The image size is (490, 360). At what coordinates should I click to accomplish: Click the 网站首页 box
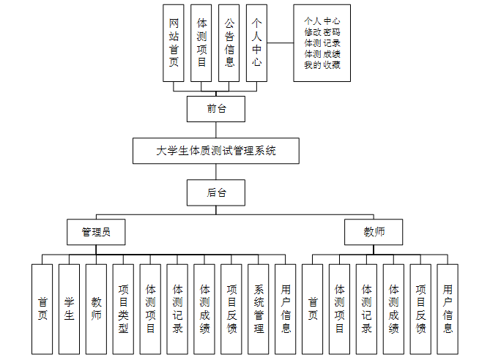coord(174,43)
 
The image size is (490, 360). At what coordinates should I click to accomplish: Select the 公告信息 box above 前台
coord(229,43)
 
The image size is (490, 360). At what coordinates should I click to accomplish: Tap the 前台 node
coord(216,108)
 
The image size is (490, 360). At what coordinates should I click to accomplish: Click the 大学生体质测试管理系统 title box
coord(216,151)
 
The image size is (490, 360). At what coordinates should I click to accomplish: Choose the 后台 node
coord(216,193)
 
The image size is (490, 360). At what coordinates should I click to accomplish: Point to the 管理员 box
coord(96,232)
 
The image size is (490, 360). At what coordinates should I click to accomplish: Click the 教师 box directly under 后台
coord(374,232)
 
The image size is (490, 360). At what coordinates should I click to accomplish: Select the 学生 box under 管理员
coord(69,310)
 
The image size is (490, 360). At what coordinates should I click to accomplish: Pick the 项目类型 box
coord(123,310)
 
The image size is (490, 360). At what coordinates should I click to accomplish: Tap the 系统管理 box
coord(259,310)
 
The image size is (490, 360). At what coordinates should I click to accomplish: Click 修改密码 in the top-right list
coord(322,31)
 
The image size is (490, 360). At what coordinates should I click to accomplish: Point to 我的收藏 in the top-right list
coord(322,64)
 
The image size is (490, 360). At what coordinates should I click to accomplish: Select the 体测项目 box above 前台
coord(201,43)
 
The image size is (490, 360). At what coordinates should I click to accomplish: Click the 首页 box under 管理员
coord(42,310)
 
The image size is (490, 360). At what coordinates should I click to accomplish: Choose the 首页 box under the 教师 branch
coord(313,310)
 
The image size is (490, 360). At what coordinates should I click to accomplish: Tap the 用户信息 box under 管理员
coord(286,310)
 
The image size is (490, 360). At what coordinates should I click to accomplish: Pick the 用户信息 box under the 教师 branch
coord(448,310)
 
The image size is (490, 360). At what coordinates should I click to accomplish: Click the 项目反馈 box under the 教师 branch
coord(420,310)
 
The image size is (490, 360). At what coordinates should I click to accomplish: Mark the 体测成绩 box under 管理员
coord(204,310)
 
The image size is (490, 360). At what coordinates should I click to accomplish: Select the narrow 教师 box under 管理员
coord(96,310)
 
